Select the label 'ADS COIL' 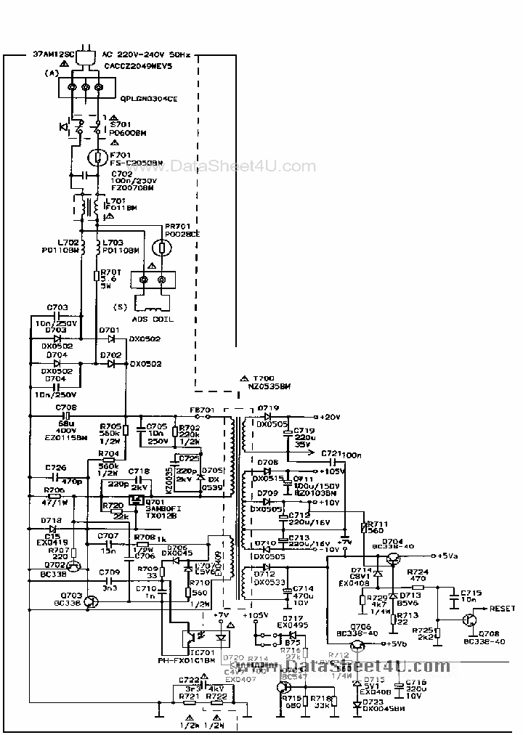[x=153, y=320]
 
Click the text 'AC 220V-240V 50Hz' [x=147, y=54]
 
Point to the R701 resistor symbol [x=97, y=276]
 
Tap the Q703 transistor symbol [x=91, y=601]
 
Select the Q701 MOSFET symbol [x=135, y=501]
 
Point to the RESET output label [x=502, y=609]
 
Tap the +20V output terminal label [x=331, y=417]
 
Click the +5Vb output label [x=397, y=644]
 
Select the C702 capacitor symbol [x=87, y=176]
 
